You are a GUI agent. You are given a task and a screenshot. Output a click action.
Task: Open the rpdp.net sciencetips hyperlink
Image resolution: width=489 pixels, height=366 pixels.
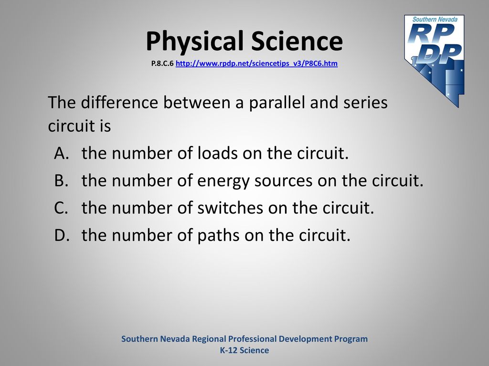click(x=256, y=63)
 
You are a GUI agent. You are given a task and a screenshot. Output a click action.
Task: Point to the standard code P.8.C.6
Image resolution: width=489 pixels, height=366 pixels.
click(x=162, y=63)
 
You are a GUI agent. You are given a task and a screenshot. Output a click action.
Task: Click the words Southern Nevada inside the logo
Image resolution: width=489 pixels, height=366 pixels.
click(x=435, y=19)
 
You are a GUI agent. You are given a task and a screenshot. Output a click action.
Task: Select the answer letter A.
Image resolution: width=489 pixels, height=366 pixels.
click(x=62, y=153)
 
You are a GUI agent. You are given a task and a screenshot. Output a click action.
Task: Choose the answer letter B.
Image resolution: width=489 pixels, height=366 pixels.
click(x=61, y=181)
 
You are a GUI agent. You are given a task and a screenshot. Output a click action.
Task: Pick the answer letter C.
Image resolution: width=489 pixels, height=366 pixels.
click(x=61, y=208)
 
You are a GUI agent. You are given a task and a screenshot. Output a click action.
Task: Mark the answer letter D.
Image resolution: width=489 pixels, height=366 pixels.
click(x=62, y=235)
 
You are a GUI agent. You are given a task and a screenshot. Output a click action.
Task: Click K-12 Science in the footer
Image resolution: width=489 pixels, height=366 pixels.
click(x=244, y=350)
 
